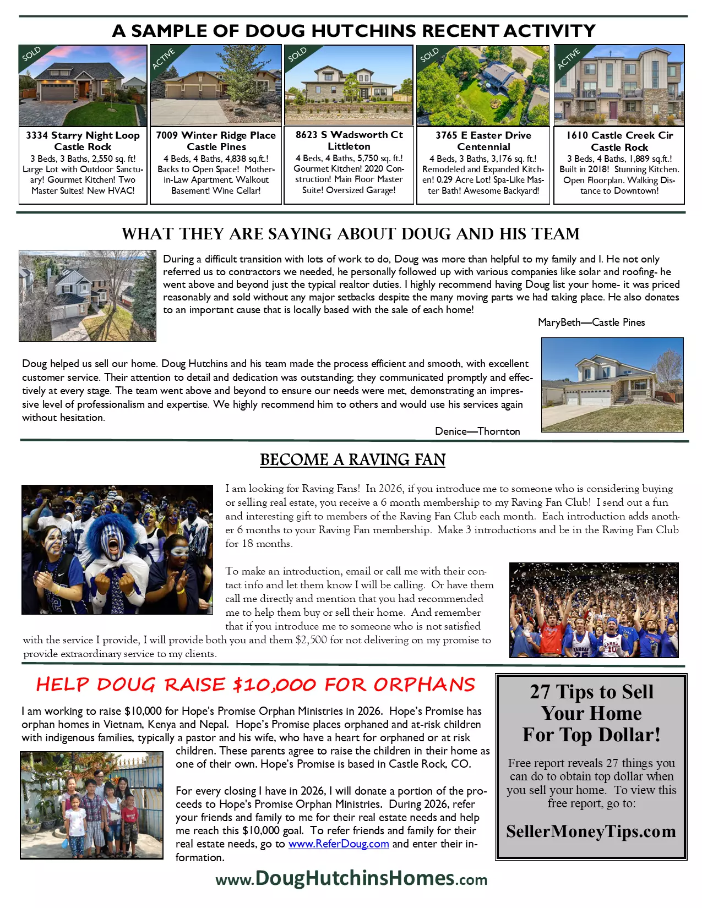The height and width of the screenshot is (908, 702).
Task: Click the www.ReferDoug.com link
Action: (x=339, y=844)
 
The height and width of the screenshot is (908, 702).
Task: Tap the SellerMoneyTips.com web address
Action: (x=591, y=831)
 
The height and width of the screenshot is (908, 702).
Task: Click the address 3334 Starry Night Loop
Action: (x=83, y=135)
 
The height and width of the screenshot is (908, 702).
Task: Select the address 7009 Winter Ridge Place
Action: (x=216, y=135)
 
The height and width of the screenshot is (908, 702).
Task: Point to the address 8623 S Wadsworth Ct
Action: (x=349, y=135)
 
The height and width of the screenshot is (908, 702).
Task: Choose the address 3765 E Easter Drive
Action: (x=483, y=135)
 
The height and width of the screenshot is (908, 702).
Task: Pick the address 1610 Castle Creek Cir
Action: (x=619, y=135)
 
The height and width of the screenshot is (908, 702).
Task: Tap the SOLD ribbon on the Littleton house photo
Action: (x=297, y=55)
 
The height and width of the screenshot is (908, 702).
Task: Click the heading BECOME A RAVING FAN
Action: (x=352, y=460)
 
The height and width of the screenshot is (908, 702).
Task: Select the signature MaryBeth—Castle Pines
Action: (x=591, y=322)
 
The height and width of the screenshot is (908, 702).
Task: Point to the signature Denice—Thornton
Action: (x=477, y=431)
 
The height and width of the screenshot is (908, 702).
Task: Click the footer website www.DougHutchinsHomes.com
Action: (x=351, y=878)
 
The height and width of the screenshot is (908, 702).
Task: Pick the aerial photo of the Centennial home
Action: (x=483, y=85)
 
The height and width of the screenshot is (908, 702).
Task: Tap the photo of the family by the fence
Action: (x=92, y=805)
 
